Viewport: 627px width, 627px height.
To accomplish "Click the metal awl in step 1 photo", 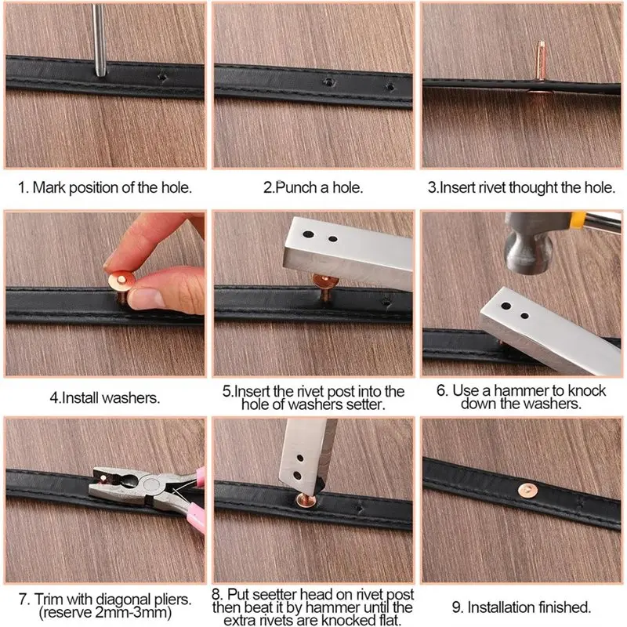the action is point(99,39).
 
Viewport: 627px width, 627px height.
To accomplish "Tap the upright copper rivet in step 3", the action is point(541,60).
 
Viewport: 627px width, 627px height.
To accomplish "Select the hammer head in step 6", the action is point(528,245).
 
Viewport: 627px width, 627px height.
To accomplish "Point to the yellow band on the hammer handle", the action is point(578,219).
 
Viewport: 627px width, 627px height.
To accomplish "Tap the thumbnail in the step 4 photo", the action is point(147,298).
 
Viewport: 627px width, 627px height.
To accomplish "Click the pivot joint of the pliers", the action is point(151,485).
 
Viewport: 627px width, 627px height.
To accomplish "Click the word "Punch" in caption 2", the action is point(295,187).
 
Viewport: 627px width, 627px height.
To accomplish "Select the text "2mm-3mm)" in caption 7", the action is point(133,612).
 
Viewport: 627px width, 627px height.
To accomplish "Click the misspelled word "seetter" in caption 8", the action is point(275,594).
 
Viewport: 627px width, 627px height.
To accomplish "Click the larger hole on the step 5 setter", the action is point(308,234).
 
